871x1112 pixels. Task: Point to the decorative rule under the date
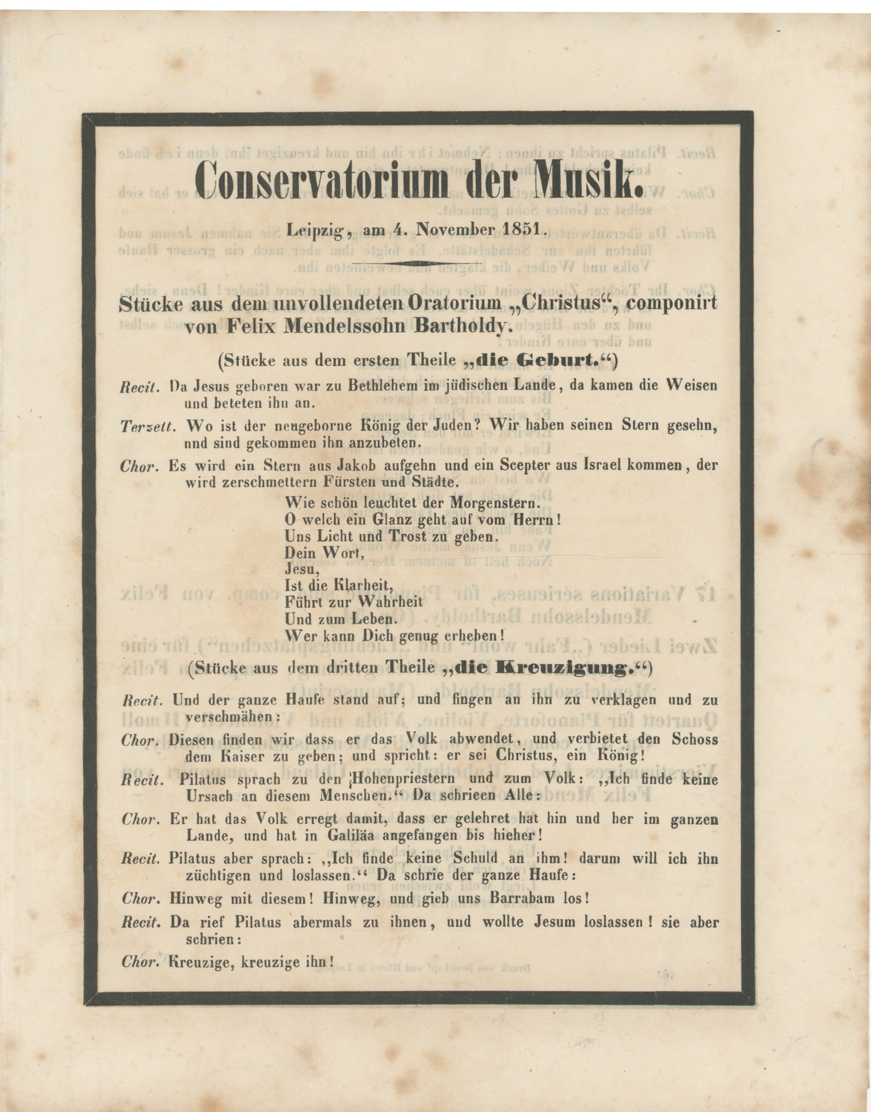pyautogui.click(x=417, y=263)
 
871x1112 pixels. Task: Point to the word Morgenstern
pyautogui.click(x=491, y=502)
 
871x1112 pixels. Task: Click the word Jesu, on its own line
pyautogui.click(x=301, y=569)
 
